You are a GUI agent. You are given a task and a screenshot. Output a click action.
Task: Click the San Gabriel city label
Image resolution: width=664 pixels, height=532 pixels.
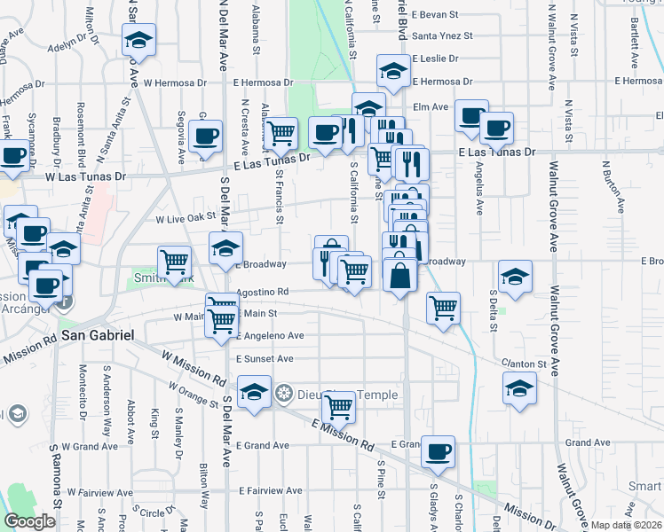[98, 335]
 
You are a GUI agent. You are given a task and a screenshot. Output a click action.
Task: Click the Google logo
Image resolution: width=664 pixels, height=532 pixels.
[29, 521]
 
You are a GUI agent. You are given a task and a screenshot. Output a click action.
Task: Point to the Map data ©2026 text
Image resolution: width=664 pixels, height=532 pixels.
[626, 525]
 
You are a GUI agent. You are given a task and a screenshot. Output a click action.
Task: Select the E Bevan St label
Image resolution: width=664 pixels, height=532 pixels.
[434, 15]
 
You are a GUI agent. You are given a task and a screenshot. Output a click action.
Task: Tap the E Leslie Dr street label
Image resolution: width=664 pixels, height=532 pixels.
[434, 59]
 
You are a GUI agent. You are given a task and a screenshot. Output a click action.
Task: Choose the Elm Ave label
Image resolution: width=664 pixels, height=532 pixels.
[437, 106]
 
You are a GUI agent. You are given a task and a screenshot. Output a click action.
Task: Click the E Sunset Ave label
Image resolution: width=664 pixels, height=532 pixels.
[265, 359]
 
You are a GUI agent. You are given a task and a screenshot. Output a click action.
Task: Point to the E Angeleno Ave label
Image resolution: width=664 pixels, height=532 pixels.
[270, 337]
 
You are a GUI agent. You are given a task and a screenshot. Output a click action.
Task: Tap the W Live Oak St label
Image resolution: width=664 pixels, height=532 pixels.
[186, 218]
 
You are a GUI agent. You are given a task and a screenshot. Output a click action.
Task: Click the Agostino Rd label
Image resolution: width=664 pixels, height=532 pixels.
[264, 292]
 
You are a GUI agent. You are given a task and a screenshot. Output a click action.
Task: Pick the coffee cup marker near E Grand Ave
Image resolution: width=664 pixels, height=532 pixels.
[438, 450]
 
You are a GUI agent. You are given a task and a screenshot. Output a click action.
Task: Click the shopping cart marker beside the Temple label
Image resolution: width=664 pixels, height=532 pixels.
[338, 406]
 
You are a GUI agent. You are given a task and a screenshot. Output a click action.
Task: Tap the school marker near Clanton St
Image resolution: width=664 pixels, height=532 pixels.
[519, 387]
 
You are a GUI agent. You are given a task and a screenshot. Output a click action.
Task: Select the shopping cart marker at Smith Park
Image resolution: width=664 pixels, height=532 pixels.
[175, 261]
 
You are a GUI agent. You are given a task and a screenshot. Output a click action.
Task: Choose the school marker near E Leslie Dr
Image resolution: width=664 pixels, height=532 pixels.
[393, 69]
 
